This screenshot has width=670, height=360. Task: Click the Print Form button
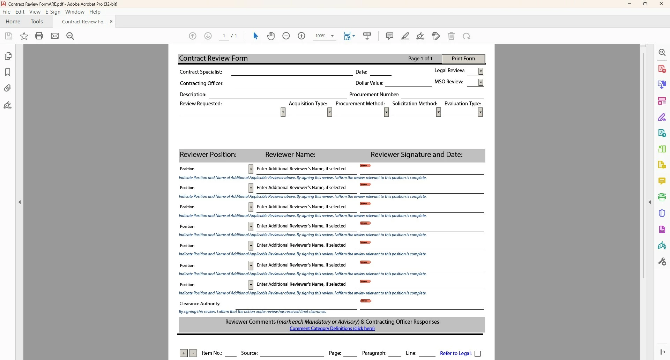463,59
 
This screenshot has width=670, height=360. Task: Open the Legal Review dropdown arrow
481,71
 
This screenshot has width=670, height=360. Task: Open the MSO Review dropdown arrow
481,82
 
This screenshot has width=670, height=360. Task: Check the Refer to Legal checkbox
478,354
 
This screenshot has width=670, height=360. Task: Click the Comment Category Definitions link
332,329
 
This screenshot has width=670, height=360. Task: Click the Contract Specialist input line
292,72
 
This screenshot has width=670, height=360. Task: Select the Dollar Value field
408,83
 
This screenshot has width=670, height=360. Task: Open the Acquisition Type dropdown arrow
330,112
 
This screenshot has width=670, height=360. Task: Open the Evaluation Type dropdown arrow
481,112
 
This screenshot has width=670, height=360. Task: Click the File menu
6,12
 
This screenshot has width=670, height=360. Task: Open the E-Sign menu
53,12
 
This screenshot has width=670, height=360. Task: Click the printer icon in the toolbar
39,36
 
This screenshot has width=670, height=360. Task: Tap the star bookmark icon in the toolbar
24,36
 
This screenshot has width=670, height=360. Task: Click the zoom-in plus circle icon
301,36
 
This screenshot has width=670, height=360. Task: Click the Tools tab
37,22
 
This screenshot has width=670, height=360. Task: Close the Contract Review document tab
111,22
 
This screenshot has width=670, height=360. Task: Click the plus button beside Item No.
184,353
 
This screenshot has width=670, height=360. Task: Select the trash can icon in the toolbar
451,36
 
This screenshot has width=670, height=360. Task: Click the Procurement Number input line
442,95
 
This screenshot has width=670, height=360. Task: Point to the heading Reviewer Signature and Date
417,155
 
